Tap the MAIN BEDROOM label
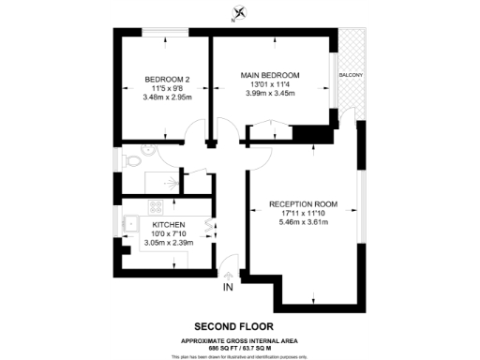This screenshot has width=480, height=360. [269, 75]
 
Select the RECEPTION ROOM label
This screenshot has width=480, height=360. [302, 203]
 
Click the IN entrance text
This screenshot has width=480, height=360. [228, 287]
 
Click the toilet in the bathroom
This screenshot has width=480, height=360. [133, 161]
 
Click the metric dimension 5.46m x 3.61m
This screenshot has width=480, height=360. [302, 224]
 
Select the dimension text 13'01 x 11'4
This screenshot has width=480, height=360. [269, 84]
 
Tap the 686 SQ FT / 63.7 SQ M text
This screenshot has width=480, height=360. [241, 346]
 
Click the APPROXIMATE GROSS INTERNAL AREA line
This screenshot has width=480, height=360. [241, 338]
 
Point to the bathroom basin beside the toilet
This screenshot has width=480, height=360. [147, 150]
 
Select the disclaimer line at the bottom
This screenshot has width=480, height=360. [241, 356]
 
